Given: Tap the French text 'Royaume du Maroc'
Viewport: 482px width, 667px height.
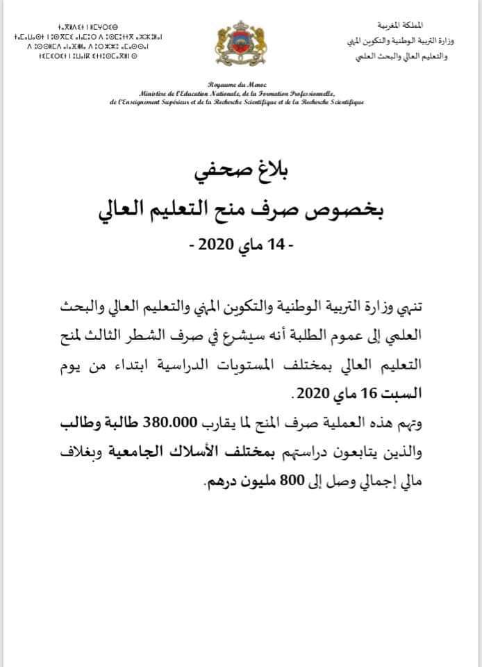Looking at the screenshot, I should pyautogui.click(x=240, y=82).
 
